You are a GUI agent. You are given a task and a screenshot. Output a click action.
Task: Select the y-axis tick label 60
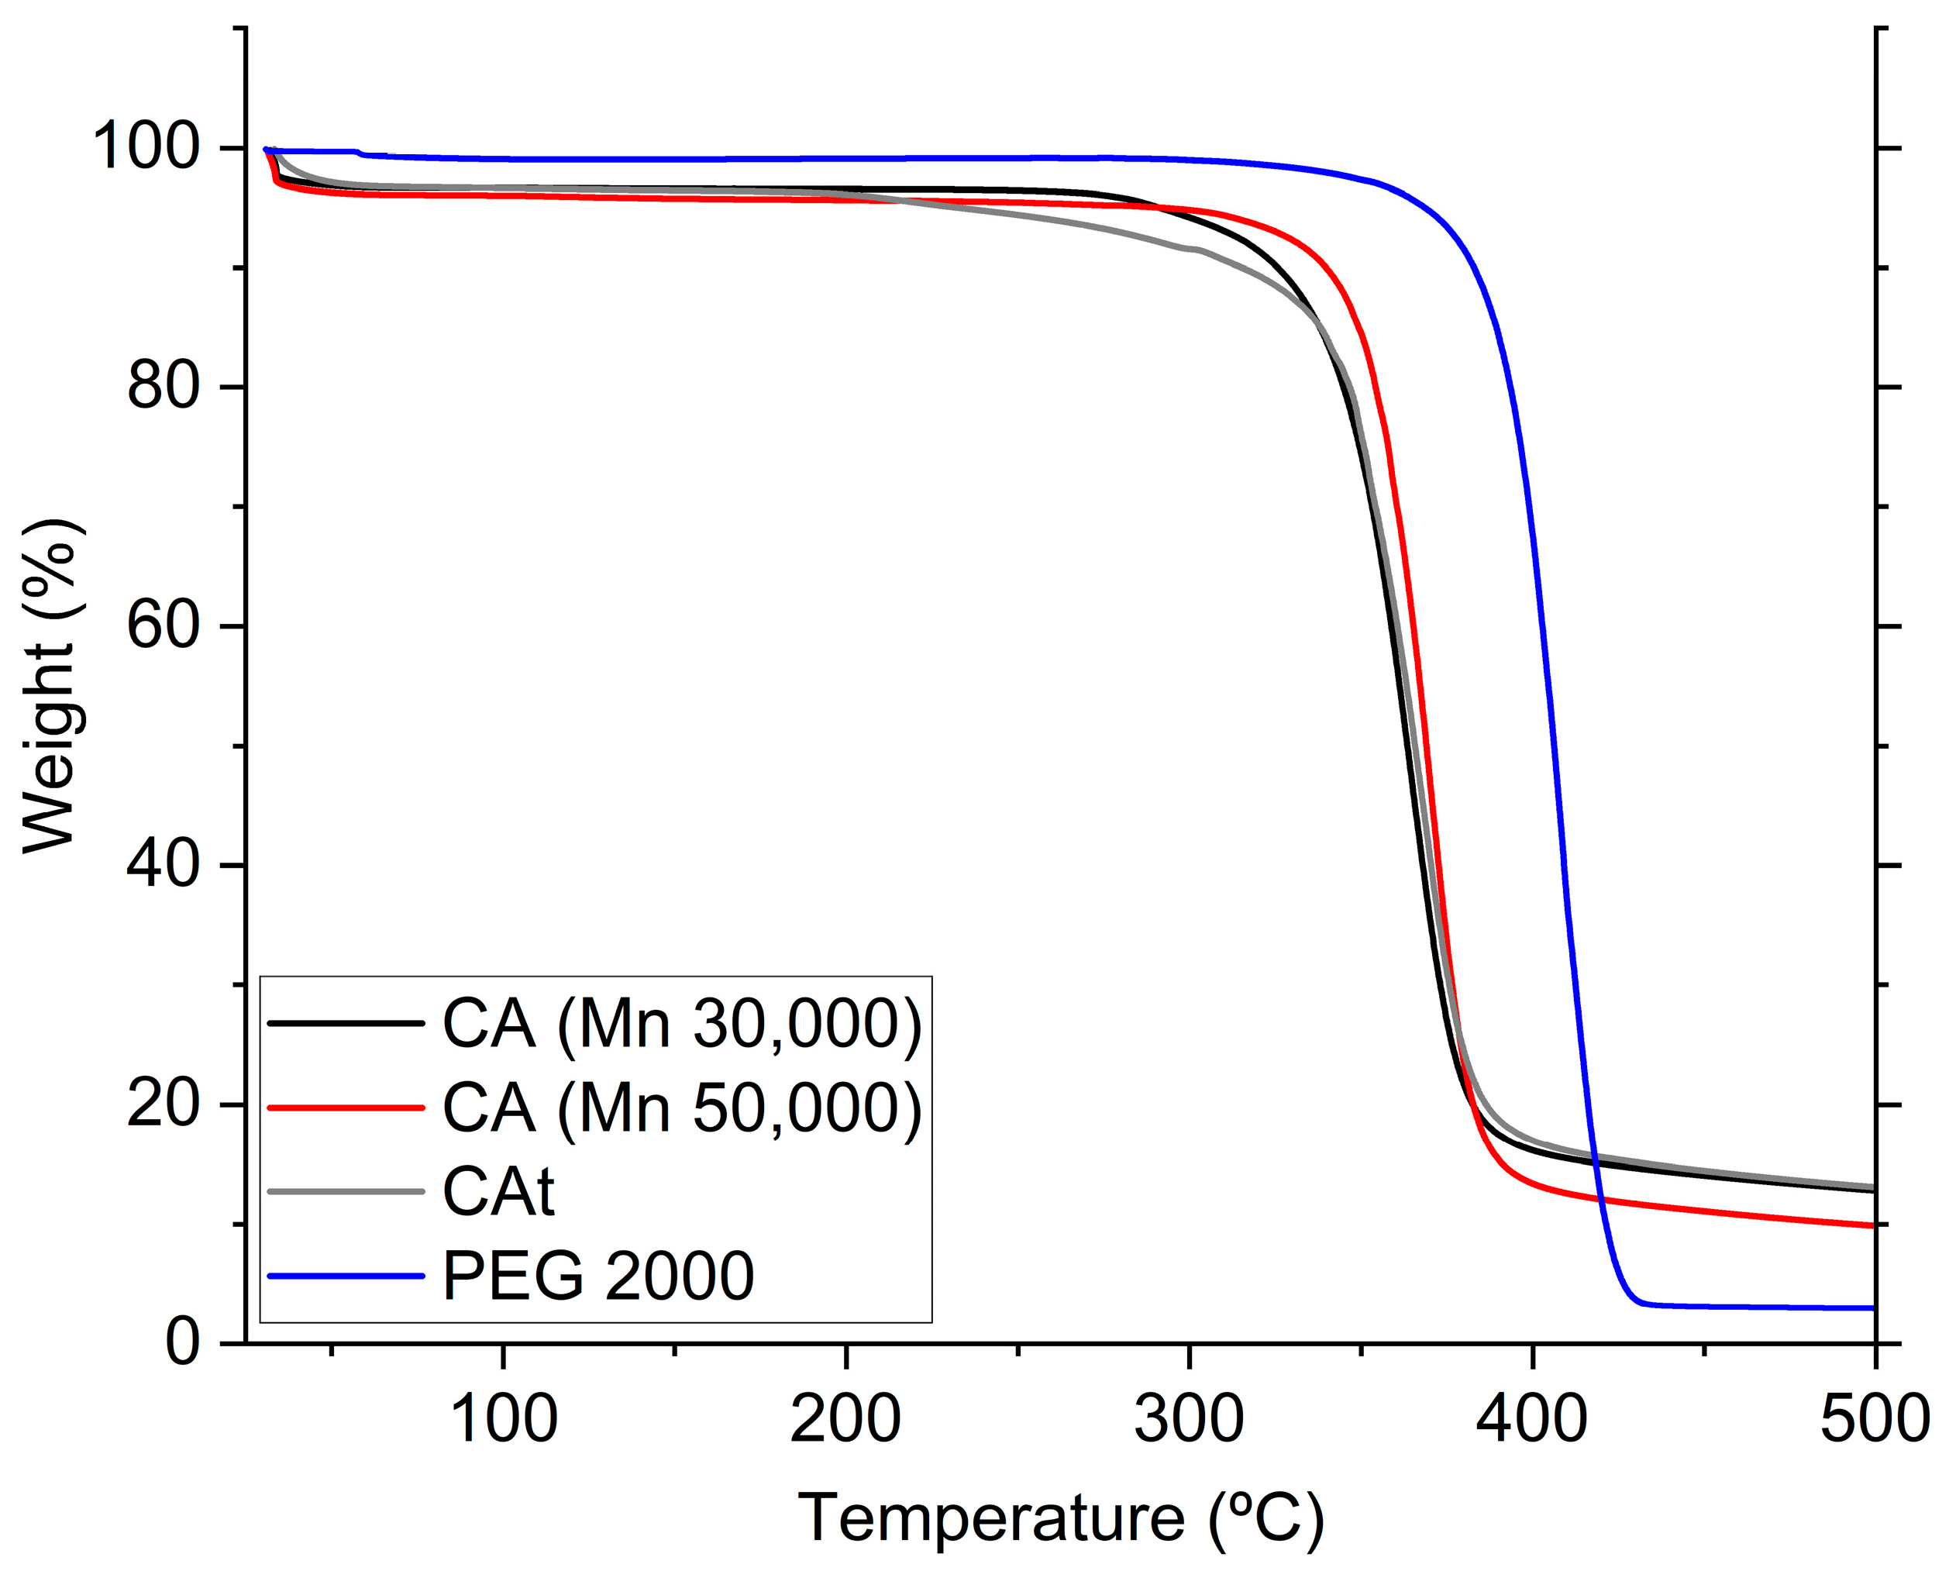point(163,625)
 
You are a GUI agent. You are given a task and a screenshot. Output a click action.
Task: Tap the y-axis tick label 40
point(163,864)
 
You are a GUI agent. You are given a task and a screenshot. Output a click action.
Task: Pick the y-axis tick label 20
point(163,1104)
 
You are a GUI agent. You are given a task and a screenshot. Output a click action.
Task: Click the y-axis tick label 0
point(183,1343)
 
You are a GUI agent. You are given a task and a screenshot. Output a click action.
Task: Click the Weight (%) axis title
point(52,686)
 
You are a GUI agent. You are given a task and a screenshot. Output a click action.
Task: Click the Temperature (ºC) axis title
point(1060,1518)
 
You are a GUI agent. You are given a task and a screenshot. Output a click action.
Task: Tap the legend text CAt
point(498,1192)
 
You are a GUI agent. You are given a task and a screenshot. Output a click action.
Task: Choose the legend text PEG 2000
point(597,1276)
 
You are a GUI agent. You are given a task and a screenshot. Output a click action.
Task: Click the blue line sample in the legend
point(346,1276)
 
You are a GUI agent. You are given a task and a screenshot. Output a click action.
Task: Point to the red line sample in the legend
point(346,1108)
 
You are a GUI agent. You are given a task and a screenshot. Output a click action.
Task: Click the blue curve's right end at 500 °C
point(1872,1307)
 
